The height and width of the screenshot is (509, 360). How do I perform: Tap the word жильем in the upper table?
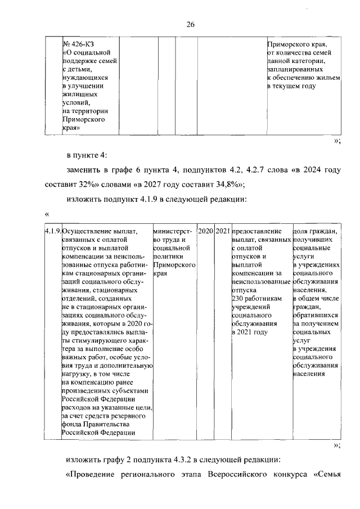327,78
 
